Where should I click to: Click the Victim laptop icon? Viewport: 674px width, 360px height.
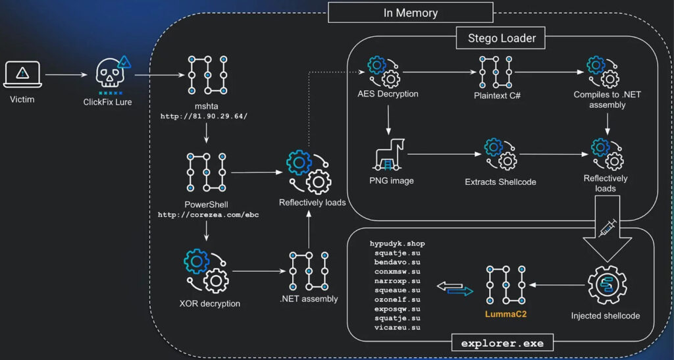coord(23,74)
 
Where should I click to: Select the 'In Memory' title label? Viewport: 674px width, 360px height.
coord(410,13)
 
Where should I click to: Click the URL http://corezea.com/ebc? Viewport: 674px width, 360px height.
coord(207,215)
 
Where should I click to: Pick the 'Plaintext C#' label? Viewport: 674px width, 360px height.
coord(497,94)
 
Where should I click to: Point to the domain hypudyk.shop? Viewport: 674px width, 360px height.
coord(393,244)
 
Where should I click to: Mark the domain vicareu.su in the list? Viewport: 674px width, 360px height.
coord(393,327)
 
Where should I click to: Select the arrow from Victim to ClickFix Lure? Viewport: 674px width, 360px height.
coord(66,75)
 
